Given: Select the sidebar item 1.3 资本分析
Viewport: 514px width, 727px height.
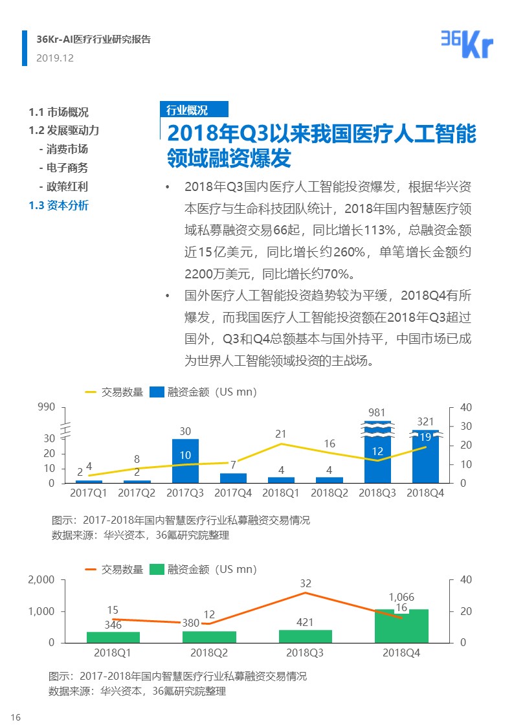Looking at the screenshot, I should (x=59, y=206).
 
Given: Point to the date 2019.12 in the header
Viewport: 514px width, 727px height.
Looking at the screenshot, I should (x=55, y=58).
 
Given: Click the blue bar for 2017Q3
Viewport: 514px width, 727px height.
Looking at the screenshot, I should (x=185, y=461).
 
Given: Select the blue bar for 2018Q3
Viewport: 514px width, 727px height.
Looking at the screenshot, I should (x=377, y=453).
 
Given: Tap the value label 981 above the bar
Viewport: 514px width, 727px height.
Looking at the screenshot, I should (x=377, y=412).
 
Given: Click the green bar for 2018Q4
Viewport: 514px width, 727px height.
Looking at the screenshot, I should (x=401, y=626).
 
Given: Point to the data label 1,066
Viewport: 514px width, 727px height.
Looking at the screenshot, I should (x=401, y=597).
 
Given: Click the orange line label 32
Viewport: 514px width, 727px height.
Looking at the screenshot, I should (x=306, y=583).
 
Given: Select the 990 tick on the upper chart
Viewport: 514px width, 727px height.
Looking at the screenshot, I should (x=47, y=407).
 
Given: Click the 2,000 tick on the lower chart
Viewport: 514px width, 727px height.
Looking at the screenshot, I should (x=41, y=580).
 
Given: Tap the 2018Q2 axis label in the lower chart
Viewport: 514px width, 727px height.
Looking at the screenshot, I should (x=209, y=653).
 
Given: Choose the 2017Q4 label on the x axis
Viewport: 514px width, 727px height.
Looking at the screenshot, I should (x=233, y=493).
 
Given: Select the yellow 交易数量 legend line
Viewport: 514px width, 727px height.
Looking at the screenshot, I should (x=91, y=392).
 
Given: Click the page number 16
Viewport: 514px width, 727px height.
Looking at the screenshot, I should (x=16, y=717).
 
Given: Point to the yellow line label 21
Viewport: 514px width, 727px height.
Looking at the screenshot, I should (x=280, y=434).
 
